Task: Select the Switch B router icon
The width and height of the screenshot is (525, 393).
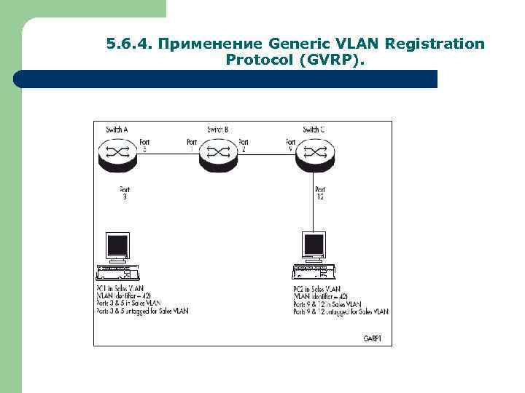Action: [217, 154]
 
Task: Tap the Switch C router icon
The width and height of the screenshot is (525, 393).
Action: [314, 154]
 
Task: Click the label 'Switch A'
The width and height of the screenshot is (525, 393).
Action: [117, 130]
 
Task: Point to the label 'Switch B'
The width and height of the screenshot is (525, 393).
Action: [218, 130]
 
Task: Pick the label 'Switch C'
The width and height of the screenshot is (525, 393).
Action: [314, 130]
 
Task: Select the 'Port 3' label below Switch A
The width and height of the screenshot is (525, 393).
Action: [124, 193]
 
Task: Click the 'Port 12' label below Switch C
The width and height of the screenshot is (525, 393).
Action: [320, 194]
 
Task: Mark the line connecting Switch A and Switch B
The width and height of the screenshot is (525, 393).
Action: [168, 153]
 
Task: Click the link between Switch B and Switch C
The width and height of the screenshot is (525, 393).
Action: [265, 153]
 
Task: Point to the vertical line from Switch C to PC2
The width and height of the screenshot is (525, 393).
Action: [314, 211]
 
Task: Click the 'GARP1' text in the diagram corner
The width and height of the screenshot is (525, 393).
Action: [373, 338]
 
